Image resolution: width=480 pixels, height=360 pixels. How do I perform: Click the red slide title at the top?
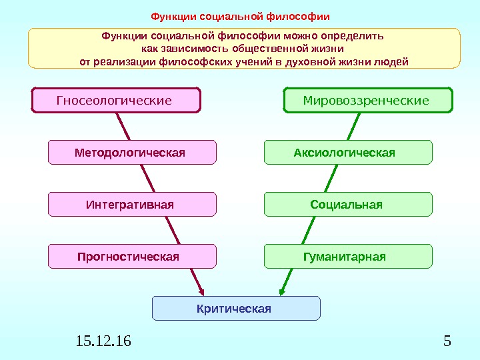(240, 15)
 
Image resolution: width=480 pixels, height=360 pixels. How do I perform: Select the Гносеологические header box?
(116, 101)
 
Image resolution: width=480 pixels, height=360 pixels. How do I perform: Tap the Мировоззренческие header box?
(368, 101)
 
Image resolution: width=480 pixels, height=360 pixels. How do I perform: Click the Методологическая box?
(132, 153)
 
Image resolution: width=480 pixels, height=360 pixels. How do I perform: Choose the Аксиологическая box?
(348, 153)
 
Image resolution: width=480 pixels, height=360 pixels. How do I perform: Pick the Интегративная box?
(132, 205)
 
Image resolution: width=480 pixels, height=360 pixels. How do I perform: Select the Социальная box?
(348, 205)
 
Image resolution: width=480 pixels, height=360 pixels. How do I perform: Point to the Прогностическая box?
(132, 257)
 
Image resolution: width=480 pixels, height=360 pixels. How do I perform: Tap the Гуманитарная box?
(348, 257)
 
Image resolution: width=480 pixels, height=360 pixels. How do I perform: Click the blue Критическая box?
(236, 309)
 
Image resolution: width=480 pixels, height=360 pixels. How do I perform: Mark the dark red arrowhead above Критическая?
(202, 291)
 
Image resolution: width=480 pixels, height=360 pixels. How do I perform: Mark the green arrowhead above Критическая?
(283, 291)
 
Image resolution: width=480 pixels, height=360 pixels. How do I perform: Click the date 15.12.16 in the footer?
(104, 342)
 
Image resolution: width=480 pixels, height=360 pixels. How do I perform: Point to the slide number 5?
(447, 342)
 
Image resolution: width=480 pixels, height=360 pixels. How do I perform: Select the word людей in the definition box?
(392, 62)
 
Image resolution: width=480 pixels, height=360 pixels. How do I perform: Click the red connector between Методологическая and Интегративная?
(148, 179)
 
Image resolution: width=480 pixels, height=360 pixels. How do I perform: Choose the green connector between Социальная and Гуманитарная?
(312, 231)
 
